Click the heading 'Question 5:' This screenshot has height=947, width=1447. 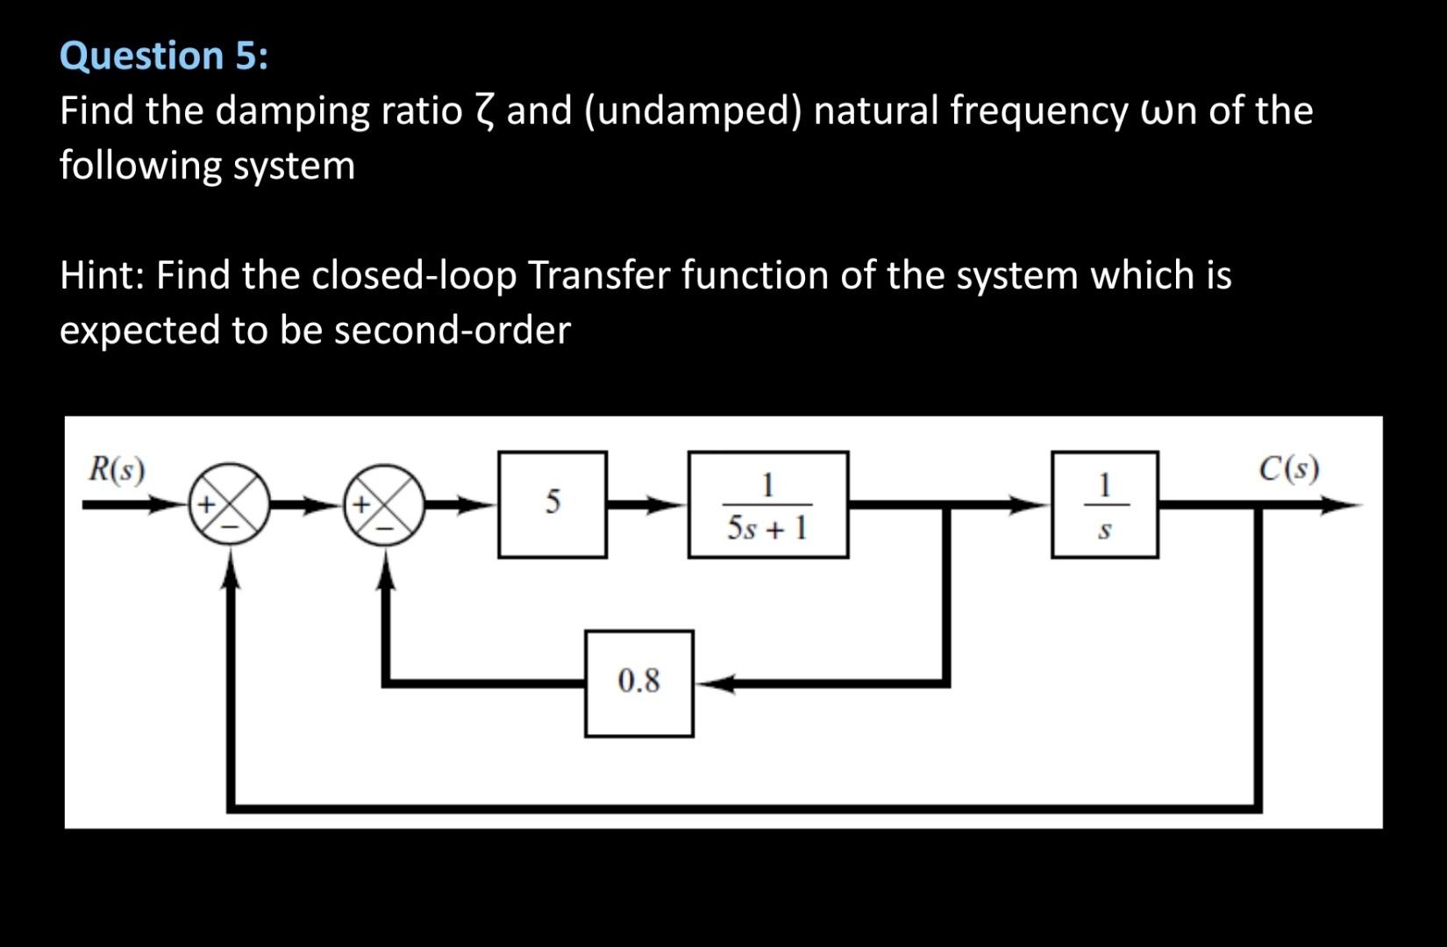tap(164, 56)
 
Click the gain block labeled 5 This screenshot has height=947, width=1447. tap(552, 504)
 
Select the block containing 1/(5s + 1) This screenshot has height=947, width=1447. tap(767, 504)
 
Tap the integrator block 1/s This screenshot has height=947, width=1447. tap(1104, 504)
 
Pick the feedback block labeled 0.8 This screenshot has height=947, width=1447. tap(638, 682)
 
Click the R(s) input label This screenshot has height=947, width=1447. tap(117, 470)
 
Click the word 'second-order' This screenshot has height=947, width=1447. tap(452, 331)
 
